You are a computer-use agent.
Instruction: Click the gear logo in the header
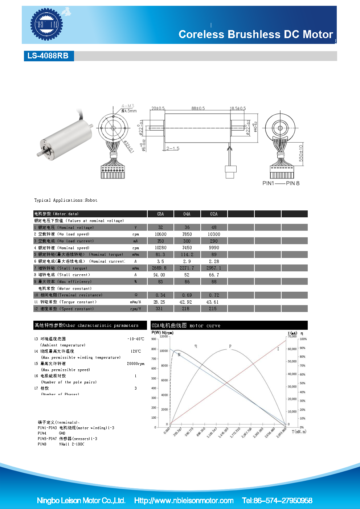click(46, 25)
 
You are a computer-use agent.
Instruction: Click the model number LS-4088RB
click(48, 56)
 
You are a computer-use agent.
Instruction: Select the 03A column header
click(160, 214)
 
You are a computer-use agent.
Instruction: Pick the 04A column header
click(187, 214)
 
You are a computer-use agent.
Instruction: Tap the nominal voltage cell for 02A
click(214, 227)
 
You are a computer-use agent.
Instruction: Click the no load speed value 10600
click(160, 234)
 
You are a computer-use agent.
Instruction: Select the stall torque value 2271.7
click(187, 268)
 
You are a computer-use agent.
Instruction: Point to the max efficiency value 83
click(160, 282)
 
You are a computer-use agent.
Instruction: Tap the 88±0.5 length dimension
click(198, 108)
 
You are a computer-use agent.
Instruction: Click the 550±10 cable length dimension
click(301, 153)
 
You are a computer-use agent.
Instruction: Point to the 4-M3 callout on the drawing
click(128, 106)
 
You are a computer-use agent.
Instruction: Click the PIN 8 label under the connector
click(292, 183)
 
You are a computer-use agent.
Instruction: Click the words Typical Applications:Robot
click(66, 200)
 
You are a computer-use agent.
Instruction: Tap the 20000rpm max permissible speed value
click(135, 364)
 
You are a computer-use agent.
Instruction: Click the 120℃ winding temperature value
click(136, 351)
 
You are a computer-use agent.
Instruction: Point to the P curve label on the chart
click(230, 346)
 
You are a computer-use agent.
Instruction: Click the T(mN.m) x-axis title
click(299, 431)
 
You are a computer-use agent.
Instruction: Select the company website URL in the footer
click(184, 501)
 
